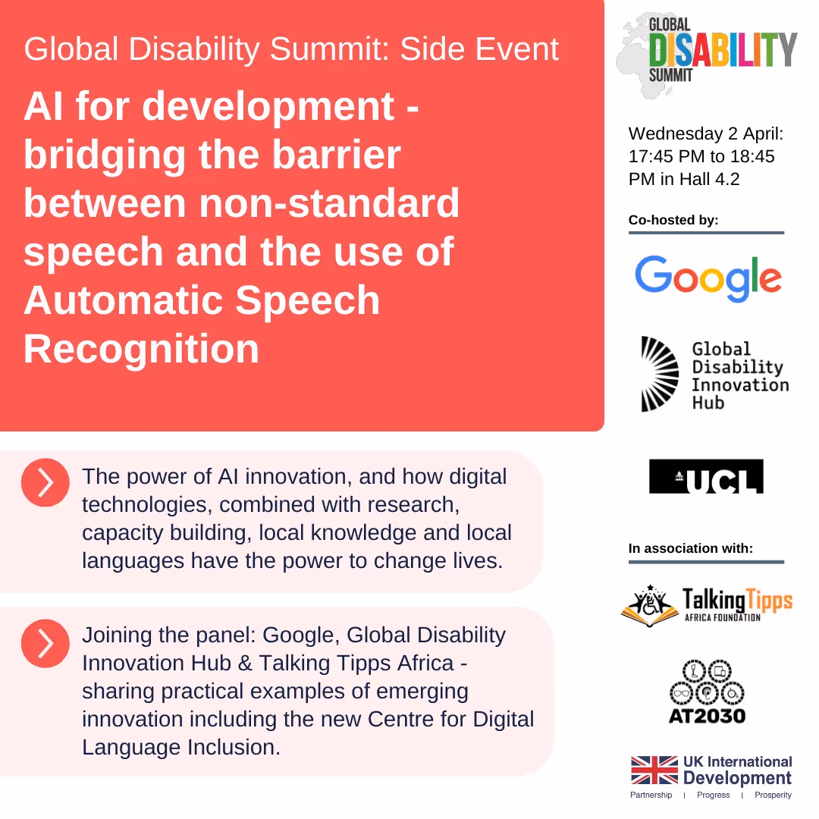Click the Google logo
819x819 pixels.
click(x=708, y=278)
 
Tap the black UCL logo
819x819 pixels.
click(x=706, y=476)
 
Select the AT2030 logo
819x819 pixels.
click(x=707, y=692)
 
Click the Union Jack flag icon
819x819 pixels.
click(x=654, y=770)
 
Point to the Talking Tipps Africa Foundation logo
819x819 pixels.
click(x=707, y=603)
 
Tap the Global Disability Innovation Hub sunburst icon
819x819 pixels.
click(x=659, y=374)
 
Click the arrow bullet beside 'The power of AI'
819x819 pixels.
click(x=45, y=483)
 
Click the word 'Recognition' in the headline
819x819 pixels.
click(x=142, y=350)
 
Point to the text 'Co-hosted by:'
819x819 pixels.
click(x=673, y=220)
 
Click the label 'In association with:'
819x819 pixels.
click(x=691, y=548)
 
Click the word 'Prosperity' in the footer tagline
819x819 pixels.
click(x=773, y=795)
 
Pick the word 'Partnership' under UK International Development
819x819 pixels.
click(x=651, y=795)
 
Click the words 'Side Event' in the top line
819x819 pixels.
click(x=479, y=50)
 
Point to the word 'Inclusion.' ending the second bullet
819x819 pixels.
click(x=234, y=747)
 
